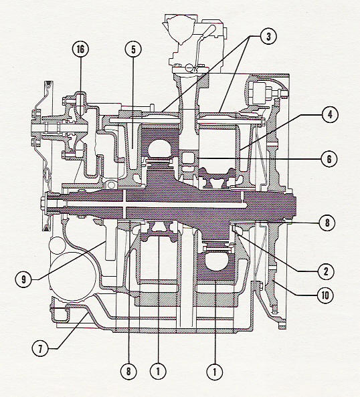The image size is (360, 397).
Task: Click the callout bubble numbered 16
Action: tap(80, 49)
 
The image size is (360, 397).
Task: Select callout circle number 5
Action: tap(133, 49)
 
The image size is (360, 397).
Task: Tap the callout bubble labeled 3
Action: tap(268, 36)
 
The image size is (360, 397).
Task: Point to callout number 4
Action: tap(330, 114)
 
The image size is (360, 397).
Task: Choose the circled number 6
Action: tap(329, 159)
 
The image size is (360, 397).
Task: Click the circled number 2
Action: tap(326, 271)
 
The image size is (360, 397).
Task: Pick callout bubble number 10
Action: tap(325, 295)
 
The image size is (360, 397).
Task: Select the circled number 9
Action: tap(23, 279)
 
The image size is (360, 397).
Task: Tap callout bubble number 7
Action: tap(40, 348)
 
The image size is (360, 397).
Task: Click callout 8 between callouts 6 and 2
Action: tap(327, 223)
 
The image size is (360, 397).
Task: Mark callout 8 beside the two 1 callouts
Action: tap(128, 372)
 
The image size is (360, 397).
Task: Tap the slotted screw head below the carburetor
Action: tap(189, 68)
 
